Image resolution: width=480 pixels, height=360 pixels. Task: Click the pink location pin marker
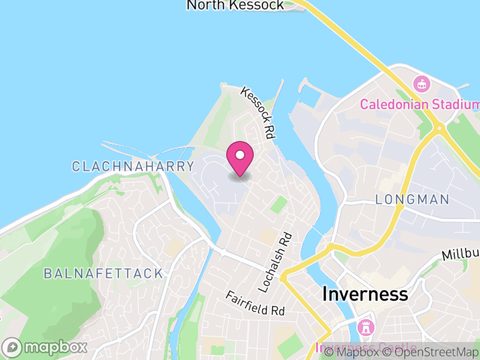click(240, 158)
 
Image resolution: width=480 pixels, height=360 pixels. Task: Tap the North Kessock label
click(235, 5)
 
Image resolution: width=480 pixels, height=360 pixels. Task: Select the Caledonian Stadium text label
click(419, 104)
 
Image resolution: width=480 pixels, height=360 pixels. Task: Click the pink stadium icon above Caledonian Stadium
click(422, 84)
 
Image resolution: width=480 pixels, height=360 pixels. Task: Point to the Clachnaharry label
click(133, 167)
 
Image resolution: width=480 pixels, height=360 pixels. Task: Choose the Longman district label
click(412, 200)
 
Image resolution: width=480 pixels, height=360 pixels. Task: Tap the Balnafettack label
click(103, 274)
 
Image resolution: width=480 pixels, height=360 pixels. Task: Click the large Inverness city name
click(365, 295)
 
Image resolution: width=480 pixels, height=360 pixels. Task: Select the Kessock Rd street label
click(258, 113)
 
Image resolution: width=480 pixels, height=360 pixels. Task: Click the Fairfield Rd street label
click(255, 304)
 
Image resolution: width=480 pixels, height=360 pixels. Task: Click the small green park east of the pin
click(278, 204)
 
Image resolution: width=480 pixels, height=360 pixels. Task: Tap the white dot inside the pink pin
click(240, 155)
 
